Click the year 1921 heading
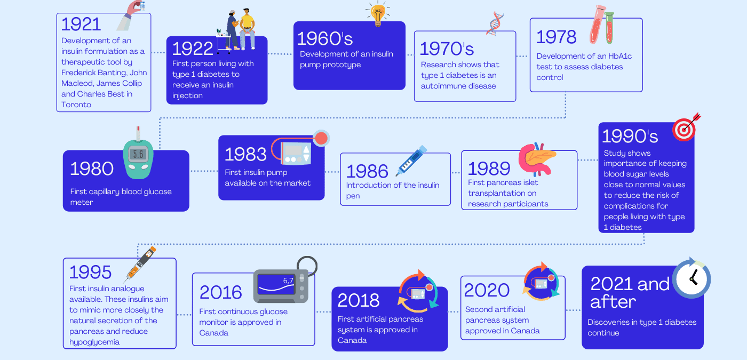[81, 25]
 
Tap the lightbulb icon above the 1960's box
[378, 14]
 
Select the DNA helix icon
[495, 23]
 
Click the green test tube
[609, 28]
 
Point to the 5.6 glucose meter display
[138, 154]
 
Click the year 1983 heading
[246, 154]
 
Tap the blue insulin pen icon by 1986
[411, 161]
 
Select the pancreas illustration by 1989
[537, 159]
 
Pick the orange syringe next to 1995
[140, 265]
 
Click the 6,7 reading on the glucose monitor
[288, 281]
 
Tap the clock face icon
[692, 278]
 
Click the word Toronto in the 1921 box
[76, 105]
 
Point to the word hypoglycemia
[94, 342]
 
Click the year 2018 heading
[359, 300]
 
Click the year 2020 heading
[487, 290]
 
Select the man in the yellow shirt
[247, 29]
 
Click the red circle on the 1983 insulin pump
[321, 138]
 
